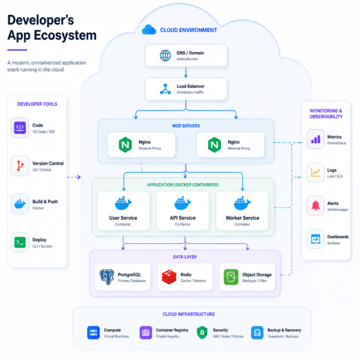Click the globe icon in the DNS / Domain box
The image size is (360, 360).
(x=166, y=56)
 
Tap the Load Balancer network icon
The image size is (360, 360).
(x=166, y=89)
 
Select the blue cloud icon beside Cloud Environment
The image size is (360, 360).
(x=149, y=29)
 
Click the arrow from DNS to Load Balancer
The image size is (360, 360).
(x=186, y=73)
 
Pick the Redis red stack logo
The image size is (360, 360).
(x=169, y=277)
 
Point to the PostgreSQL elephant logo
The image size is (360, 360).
(x=107, y=277)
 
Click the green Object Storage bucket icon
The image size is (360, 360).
(x=231, y=277)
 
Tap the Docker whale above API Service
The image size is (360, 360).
(x=182, y=203)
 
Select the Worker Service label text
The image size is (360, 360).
(x=242, y=218)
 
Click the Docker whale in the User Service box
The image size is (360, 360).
(x=123, y=203)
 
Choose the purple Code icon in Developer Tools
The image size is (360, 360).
(x=20, y=128)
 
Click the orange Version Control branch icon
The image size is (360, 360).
(x=20, y=166)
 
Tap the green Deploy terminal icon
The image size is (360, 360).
(x=20, y=242)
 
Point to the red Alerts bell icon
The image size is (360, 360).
(x=316, y=205)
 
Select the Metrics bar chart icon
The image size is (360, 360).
(x=316, y=139)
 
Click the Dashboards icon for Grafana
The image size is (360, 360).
(x=316, y=239)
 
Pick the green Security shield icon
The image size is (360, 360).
(x=202, y=332)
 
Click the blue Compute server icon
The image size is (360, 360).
(x=94, y=332)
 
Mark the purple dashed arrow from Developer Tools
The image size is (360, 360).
(x=74, y=177)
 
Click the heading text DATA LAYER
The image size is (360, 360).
(x=185, y=257)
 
